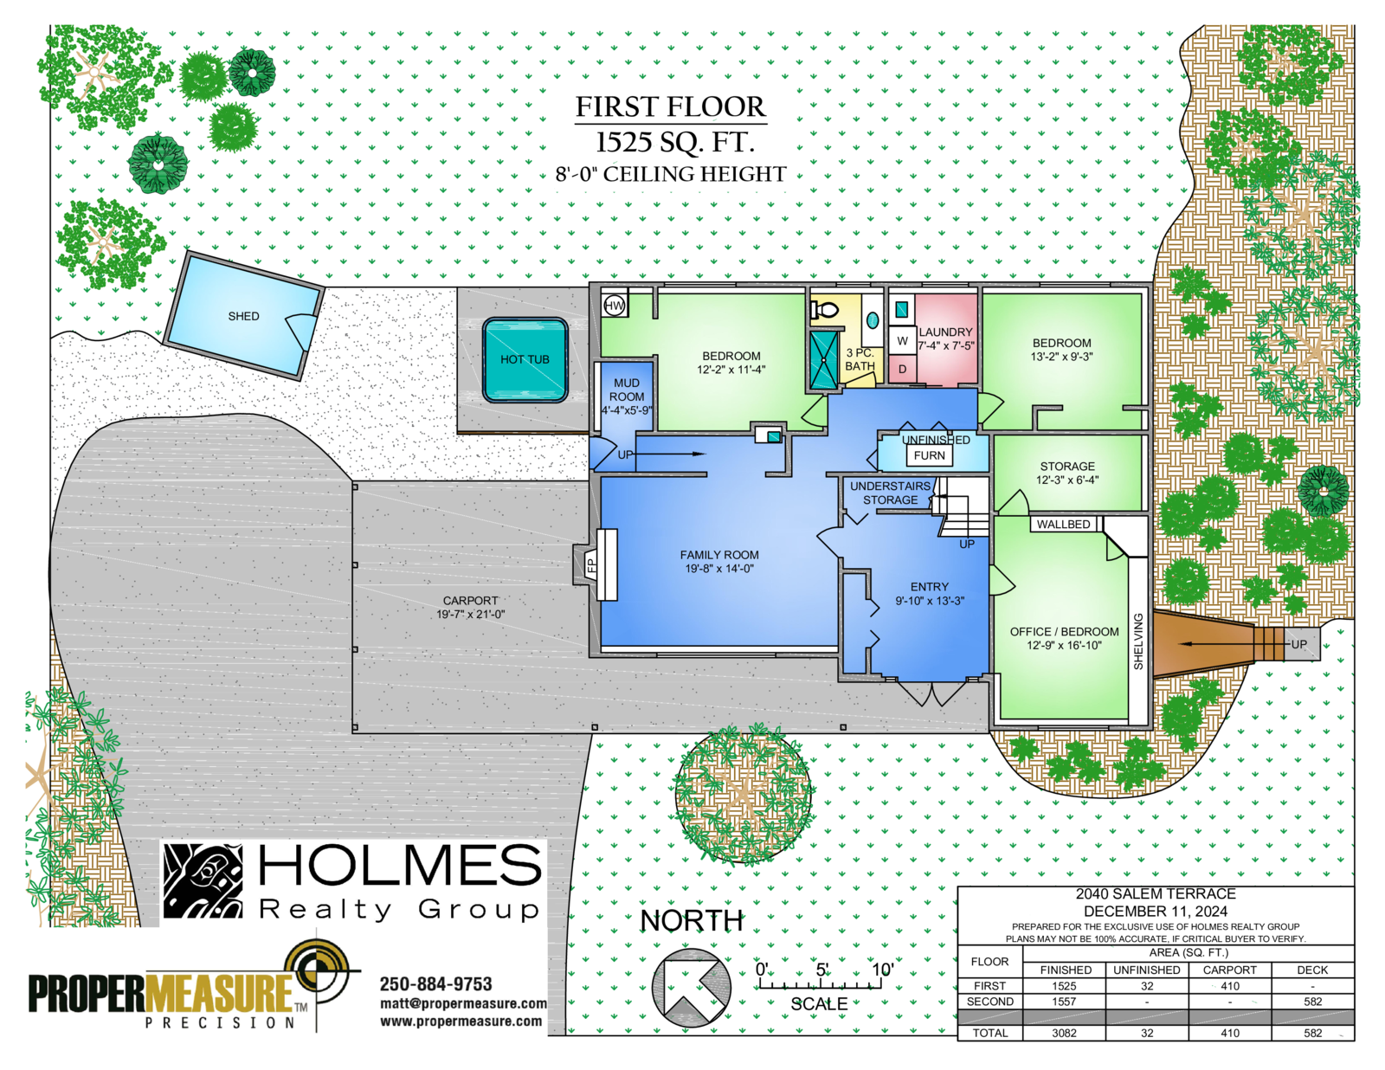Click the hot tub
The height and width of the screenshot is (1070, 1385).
tap(525, 360)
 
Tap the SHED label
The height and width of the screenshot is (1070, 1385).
tap(243, 316)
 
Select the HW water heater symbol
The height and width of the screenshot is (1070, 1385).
tap(615, 306)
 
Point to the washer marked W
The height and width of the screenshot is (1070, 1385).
tap(903, 342)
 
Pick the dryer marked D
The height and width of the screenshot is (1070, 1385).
tap(903, 369)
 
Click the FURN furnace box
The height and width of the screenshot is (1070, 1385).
tap(930, 455)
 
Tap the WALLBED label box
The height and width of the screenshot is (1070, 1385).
tap(1063, 524)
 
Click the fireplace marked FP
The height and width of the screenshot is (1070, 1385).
tap(596, 564)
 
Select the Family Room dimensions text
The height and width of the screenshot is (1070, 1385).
tap(719, 569)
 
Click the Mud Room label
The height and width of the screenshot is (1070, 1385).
tap(627, 390)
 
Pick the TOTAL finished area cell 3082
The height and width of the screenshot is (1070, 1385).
tap(1064, 1033)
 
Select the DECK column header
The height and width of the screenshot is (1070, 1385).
tap(1312, 970)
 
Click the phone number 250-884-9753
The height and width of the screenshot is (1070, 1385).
tap(436, 984)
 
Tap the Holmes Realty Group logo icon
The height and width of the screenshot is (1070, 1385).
tap(203, 882)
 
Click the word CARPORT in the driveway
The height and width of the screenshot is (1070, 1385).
tap(470, 601)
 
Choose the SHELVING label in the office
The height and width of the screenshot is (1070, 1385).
tap(1138, 641)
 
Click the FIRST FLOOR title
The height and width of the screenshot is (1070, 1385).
tap(671, 107)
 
